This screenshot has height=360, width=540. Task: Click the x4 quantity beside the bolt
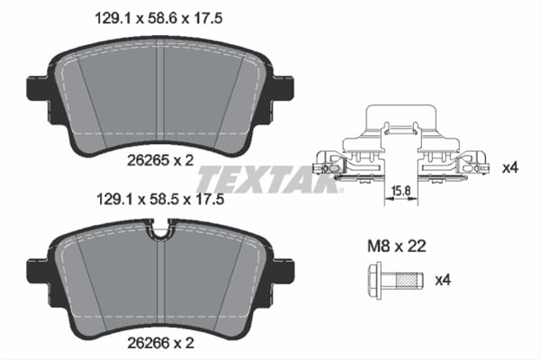442,280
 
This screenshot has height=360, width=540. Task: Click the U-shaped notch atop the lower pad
161,233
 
